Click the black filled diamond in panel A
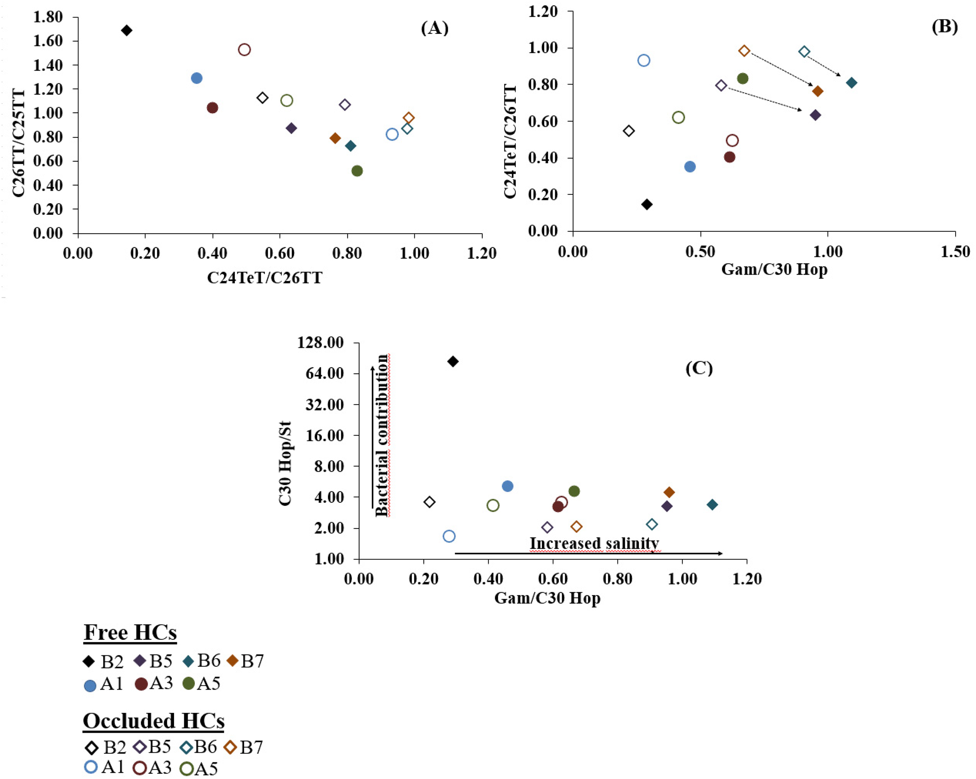coord(127,30)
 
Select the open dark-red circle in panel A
coord(244,49)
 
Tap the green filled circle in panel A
coord(357,171)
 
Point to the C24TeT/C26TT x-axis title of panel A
coord(265,277)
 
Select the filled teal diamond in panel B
coord(851,82)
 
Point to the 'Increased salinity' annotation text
coord(594,543)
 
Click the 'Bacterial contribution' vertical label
coord(382,435)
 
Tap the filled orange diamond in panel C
coord(669,492)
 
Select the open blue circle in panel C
coord(449,536)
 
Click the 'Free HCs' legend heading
coord(130,632)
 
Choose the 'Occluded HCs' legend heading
coord(154,720)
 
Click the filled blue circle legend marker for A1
coord(91,686)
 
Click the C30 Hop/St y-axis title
coord(285,464)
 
